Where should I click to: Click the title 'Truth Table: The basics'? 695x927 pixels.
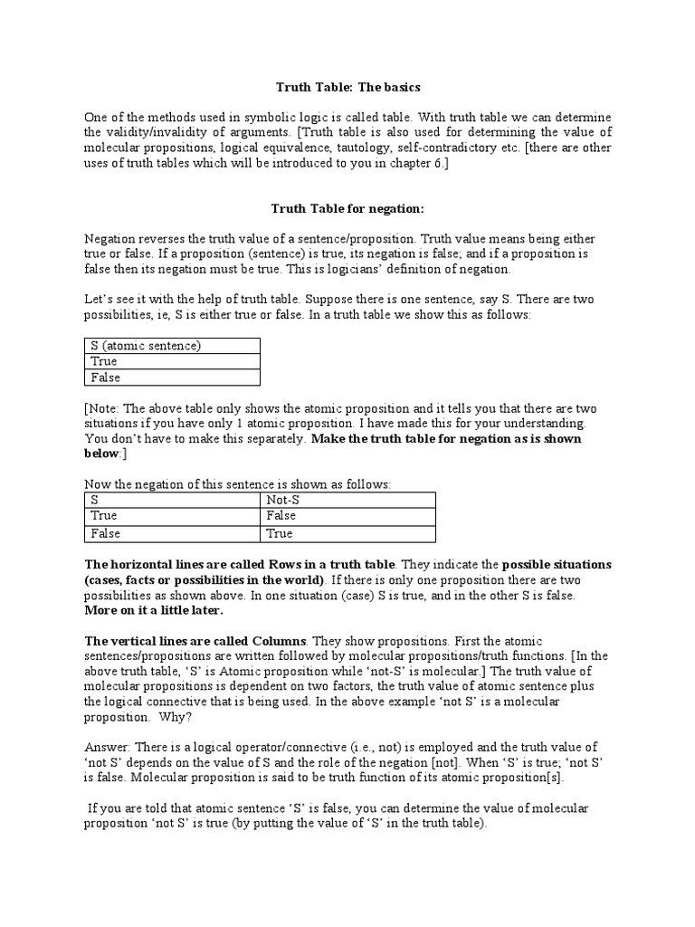tap(348, 88)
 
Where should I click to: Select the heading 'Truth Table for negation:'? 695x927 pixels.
tap(347, 208)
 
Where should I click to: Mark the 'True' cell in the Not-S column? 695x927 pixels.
tap(281, 534)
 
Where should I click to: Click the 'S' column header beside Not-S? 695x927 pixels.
tap(94, 500)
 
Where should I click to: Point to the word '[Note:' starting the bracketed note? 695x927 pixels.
tap(103, 408)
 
